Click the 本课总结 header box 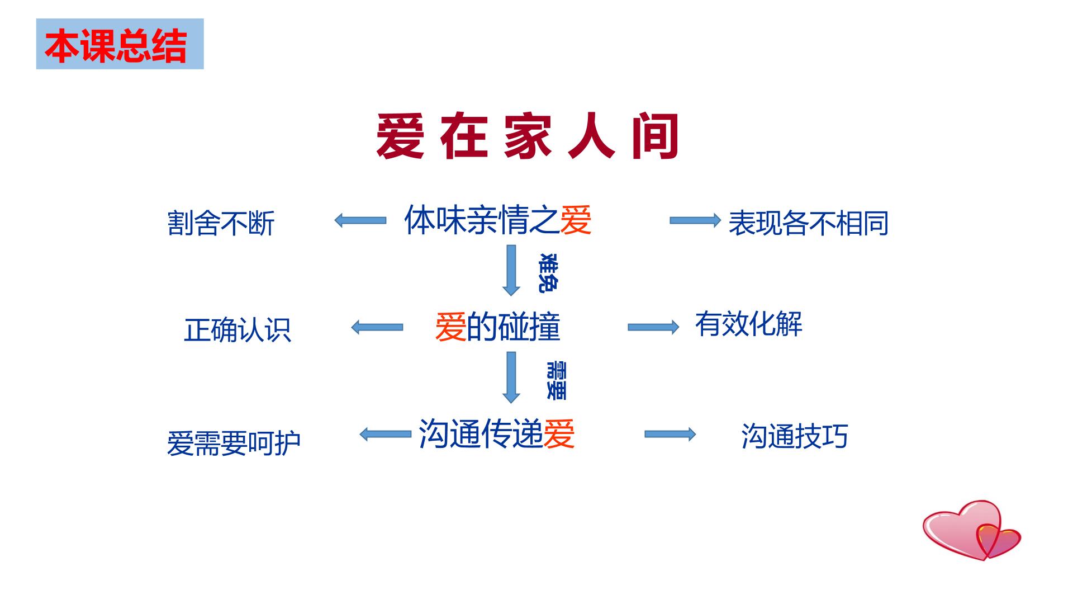tap(120, 44)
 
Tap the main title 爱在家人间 tap(528, 136)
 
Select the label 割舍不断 tap(221, 223)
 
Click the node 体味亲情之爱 tap(498, 219)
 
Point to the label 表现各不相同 tap(808, 223)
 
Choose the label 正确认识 tap(238, 329)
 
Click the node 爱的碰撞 tap(497, 327)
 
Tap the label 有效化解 tap(749, 324)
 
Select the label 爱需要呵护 tap(234, 443)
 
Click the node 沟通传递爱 tap(497, 433)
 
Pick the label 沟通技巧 tap(795, 436)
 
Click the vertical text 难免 tap(548, 273)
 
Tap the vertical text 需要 tap(556, 381)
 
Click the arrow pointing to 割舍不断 tap(360, 220)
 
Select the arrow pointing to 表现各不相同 tap(695, 220)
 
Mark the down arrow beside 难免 tap(511, 270)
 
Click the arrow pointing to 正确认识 tap(377, 327)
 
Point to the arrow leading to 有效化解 tap(654, 327)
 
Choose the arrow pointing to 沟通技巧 tap(671, 434)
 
